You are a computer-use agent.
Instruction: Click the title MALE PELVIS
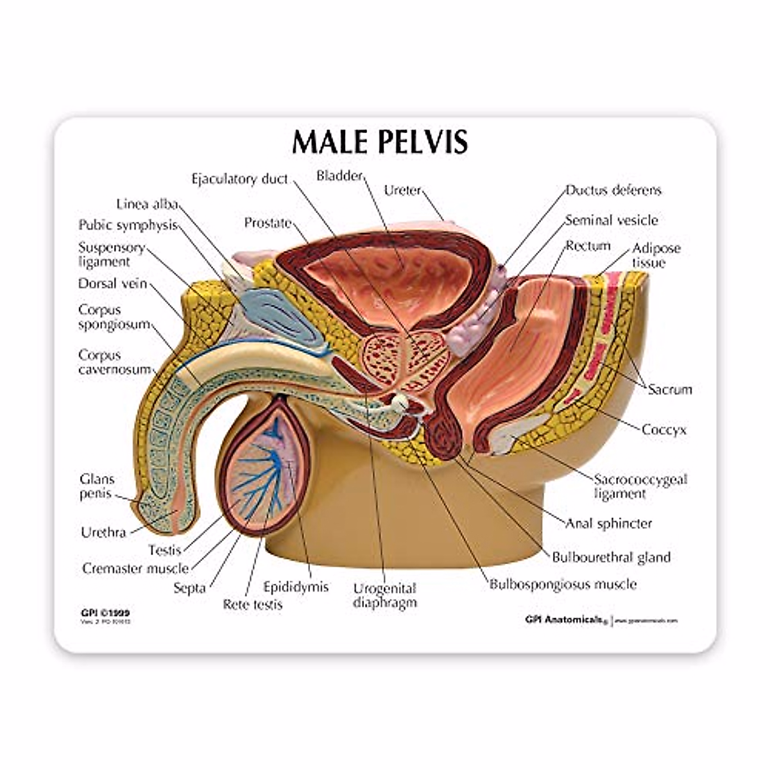[380, 142]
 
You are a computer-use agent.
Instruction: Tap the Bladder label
[339, 175]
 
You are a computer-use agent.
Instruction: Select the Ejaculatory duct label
[239, 179]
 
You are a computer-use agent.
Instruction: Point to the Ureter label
[402, 190]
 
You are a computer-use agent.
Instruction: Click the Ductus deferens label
[613, 190]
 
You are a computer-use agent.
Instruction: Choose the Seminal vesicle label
[611, 220]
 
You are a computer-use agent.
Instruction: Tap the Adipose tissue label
[656, 255]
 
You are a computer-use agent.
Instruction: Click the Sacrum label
[669, 389]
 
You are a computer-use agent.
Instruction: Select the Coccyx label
[663, 429]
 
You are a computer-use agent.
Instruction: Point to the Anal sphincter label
[608, 523]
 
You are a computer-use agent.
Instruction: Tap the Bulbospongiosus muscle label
[563, 584]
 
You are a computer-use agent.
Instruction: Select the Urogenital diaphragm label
[385, 595]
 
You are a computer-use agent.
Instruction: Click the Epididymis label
[296, 586]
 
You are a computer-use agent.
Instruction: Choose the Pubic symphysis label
[127, 225]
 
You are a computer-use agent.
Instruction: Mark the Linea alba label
[146, 204]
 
